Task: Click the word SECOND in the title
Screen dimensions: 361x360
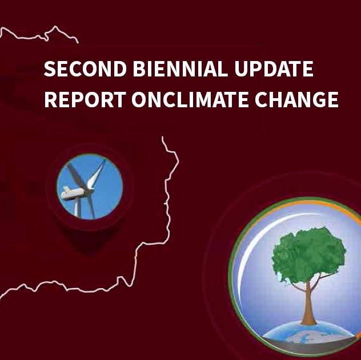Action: (x=85, y=68)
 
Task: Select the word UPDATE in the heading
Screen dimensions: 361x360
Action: (x=274, y=68)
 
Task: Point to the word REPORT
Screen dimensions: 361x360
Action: (x=85, y=99)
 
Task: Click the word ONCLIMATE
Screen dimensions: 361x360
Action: (x=190, y=99)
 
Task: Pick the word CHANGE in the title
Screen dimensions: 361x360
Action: (x=297, y=99)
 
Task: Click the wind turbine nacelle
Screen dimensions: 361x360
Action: (x=74, y=193)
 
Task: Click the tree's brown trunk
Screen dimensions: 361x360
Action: (x=308, y=304)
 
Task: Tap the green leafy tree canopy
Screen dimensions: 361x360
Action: (x=309, y=254)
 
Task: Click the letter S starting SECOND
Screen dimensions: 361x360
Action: (x=50, y=68)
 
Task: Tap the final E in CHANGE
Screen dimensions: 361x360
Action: (x=332, y=99)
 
